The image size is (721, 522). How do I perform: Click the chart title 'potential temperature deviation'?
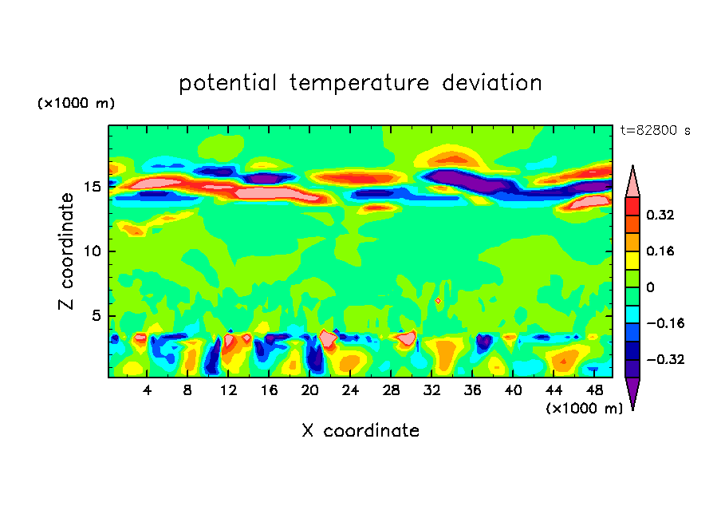[x=360, y=83]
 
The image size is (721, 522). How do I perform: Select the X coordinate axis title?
[x=360, y=431]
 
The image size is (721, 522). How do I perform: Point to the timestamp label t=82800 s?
[x=655, y=130]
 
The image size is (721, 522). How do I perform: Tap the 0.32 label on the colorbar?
[x=662, y=215]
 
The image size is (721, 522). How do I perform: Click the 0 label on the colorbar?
[x=650, y=287]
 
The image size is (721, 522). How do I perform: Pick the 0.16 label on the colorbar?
[x=662, y=251]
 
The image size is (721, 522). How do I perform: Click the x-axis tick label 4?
[x=148, y=390]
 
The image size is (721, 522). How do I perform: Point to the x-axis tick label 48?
[x=593, y=390]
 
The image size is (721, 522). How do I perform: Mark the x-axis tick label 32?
[x=431, y=390]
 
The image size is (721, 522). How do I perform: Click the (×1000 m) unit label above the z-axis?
[x=76, y=104]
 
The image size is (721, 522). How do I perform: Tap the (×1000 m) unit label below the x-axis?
[x=584, y=408]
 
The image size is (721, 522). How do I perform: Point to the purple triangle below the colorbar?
[x=632, y=393]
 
